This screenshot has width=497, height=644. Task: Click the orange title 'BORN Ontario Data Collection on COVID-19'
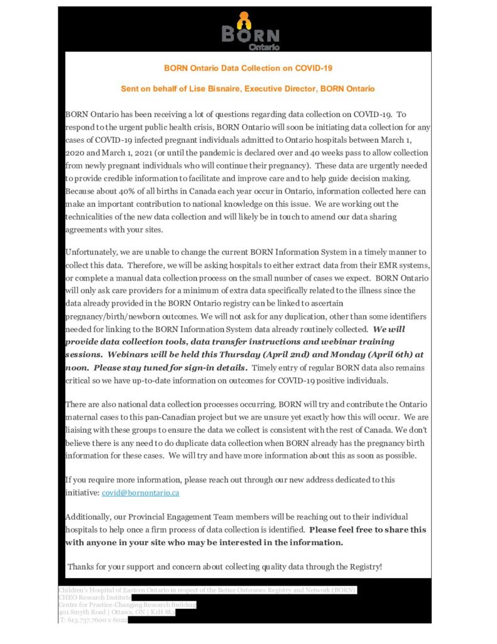coord(248,67)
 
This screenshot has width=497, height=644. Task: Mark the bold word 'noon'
coord(77,367)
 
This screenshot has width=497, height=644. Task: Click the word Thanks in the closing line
coord(82,567)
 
